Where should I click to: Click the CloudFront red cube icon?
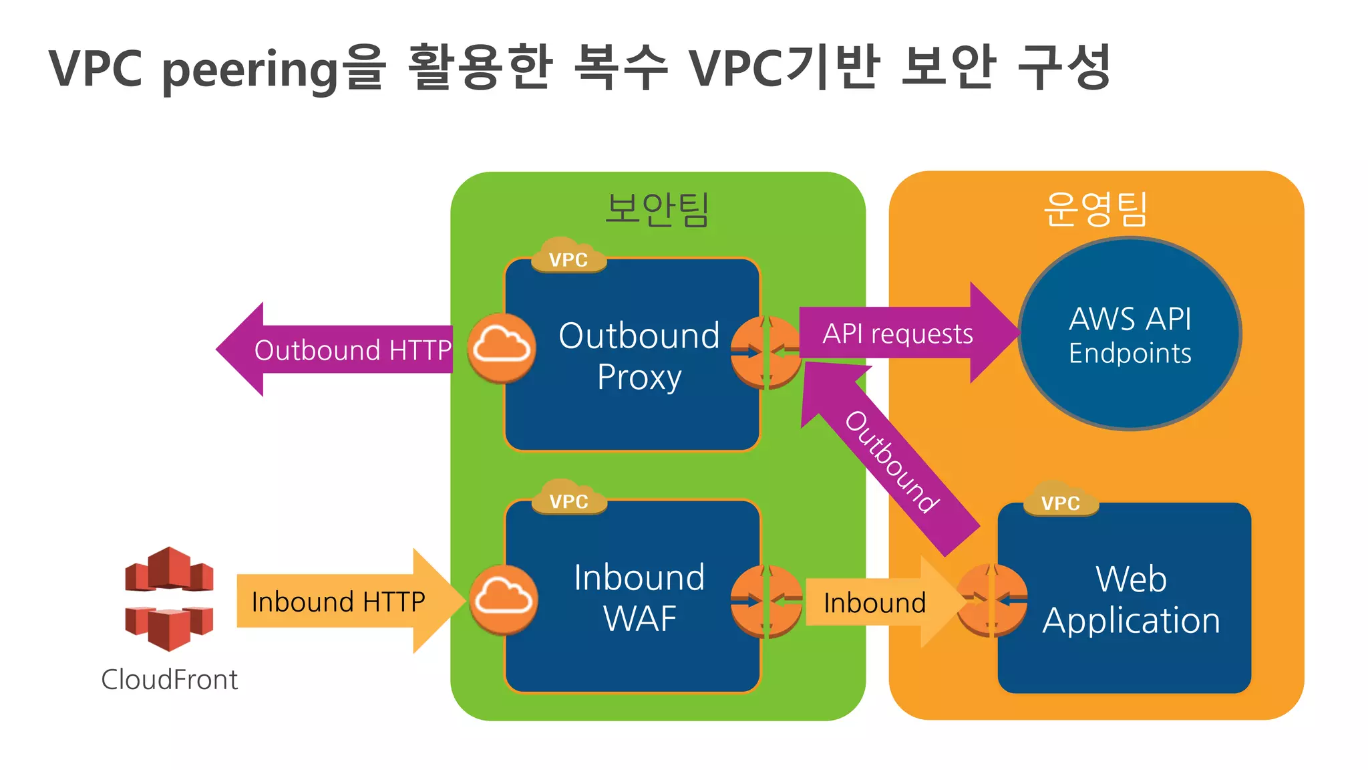[169, 598]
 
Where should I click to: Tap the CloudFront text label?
[169, 680]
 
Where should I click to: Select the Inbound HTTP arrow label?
[338, 602]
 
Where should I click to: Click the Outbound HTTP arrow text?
[353, 350]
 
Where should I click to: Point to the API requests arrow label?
[897, 334]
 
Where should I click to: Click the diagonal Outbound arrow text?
[892, 462]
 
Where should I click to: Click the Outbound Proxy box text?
[639, 356]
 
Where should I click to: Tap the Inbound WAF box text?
[639, 598]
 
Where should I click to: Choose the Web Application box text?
[1131, 600]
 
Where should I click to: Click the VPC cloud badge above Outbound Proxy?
[568, 257]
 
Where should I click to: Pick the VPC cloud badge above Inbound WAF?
[568, 499]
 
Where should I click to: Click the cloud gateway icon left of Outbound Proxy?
[501, 348]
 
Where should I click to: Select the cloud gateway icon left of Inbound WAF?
[503, 600]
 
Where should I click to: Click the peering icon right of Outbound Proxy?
[765, 352]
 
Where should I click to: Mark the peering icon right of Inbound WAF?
[765, 601]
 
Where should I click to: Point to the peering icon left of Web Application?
[991, 600]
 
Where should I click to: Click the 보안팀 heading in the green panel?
[657, 209]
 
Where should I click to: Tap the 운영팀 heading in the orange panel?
[1095, 209]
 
